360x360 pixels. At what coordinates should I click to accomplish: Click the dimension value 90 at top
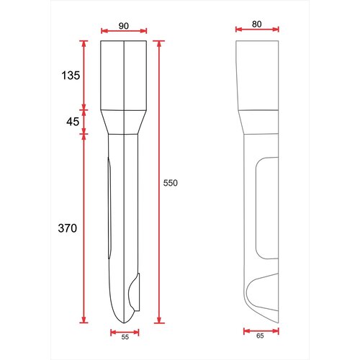(x=124, y=25)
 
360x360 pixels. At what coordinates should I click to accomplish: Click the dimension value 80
(x=257, y=23)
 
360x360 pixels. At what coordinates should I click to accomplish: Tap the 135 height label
(x=71, y=75)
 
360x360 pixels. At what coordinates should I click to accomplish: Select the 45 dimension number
(x=73, y=122)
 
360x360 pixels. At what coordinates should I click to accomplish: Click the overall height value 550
(x=170, y=184)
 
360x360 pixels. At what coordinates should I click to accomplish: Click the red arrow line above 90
(x=124, y=31)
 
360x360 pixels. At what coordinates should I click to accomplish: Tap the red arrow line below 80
(x=257, y=30)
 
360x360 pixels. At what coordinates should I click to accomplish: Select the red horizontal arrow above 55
(x=124, y=331)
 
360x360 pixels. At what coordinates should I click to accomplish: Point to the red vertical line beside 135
(x=85, y=75)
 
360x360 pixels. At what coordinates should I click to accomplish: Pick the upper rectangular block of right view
(x=258, y=75)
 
